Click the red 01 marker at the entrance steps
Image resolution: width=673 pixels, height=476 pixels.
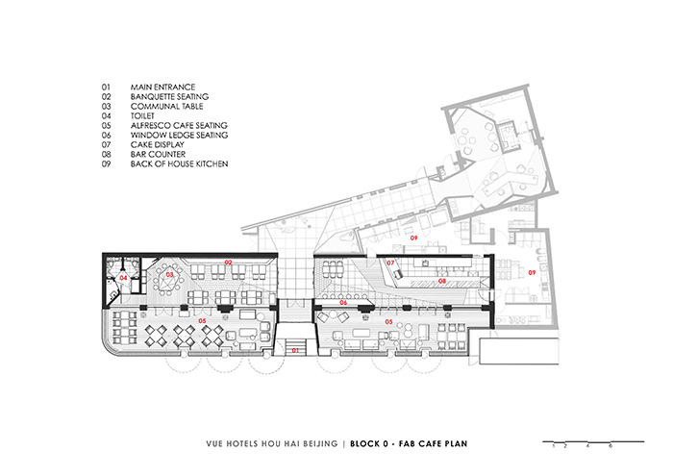tap(295, 352)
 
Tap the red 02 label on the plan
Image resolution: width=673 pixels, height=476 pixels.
tap(229, 262)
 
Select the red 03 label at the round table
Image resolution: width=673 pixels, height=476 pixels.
tap(169, 275)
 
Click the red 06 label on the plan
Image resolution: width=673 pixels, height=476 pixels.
tap(343, 302)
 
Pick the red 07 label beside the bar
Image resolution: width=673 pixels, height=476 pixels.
tap(391, 263)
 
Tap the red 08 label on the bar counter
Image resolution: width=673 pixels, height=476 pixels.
tap(442, 281)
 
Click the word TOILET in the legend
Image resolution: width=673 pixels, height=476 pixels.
tap(143, 116)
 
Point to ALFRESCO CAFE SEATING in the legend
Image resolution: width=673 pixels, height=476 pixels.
tap(177, 126)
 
